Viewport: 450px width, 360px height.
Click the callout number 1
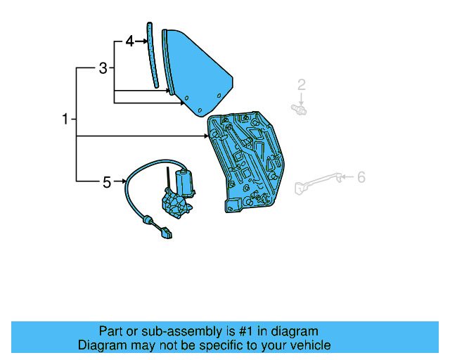[x=65, y=120]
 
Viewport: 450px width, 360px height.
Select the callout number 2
[x=301, y=86]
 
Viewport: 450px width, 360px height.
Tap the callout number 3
[x=103, y=68]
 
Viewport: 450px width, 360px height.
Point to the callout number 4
[x=129, y=41]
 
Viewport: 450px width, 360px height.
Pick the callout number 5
[x=107, y=182]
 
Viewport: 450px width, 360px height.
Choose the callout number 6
[x=361, y=177]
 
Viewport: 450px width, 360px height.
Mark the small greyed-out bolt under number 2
[x=300, y=108]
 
